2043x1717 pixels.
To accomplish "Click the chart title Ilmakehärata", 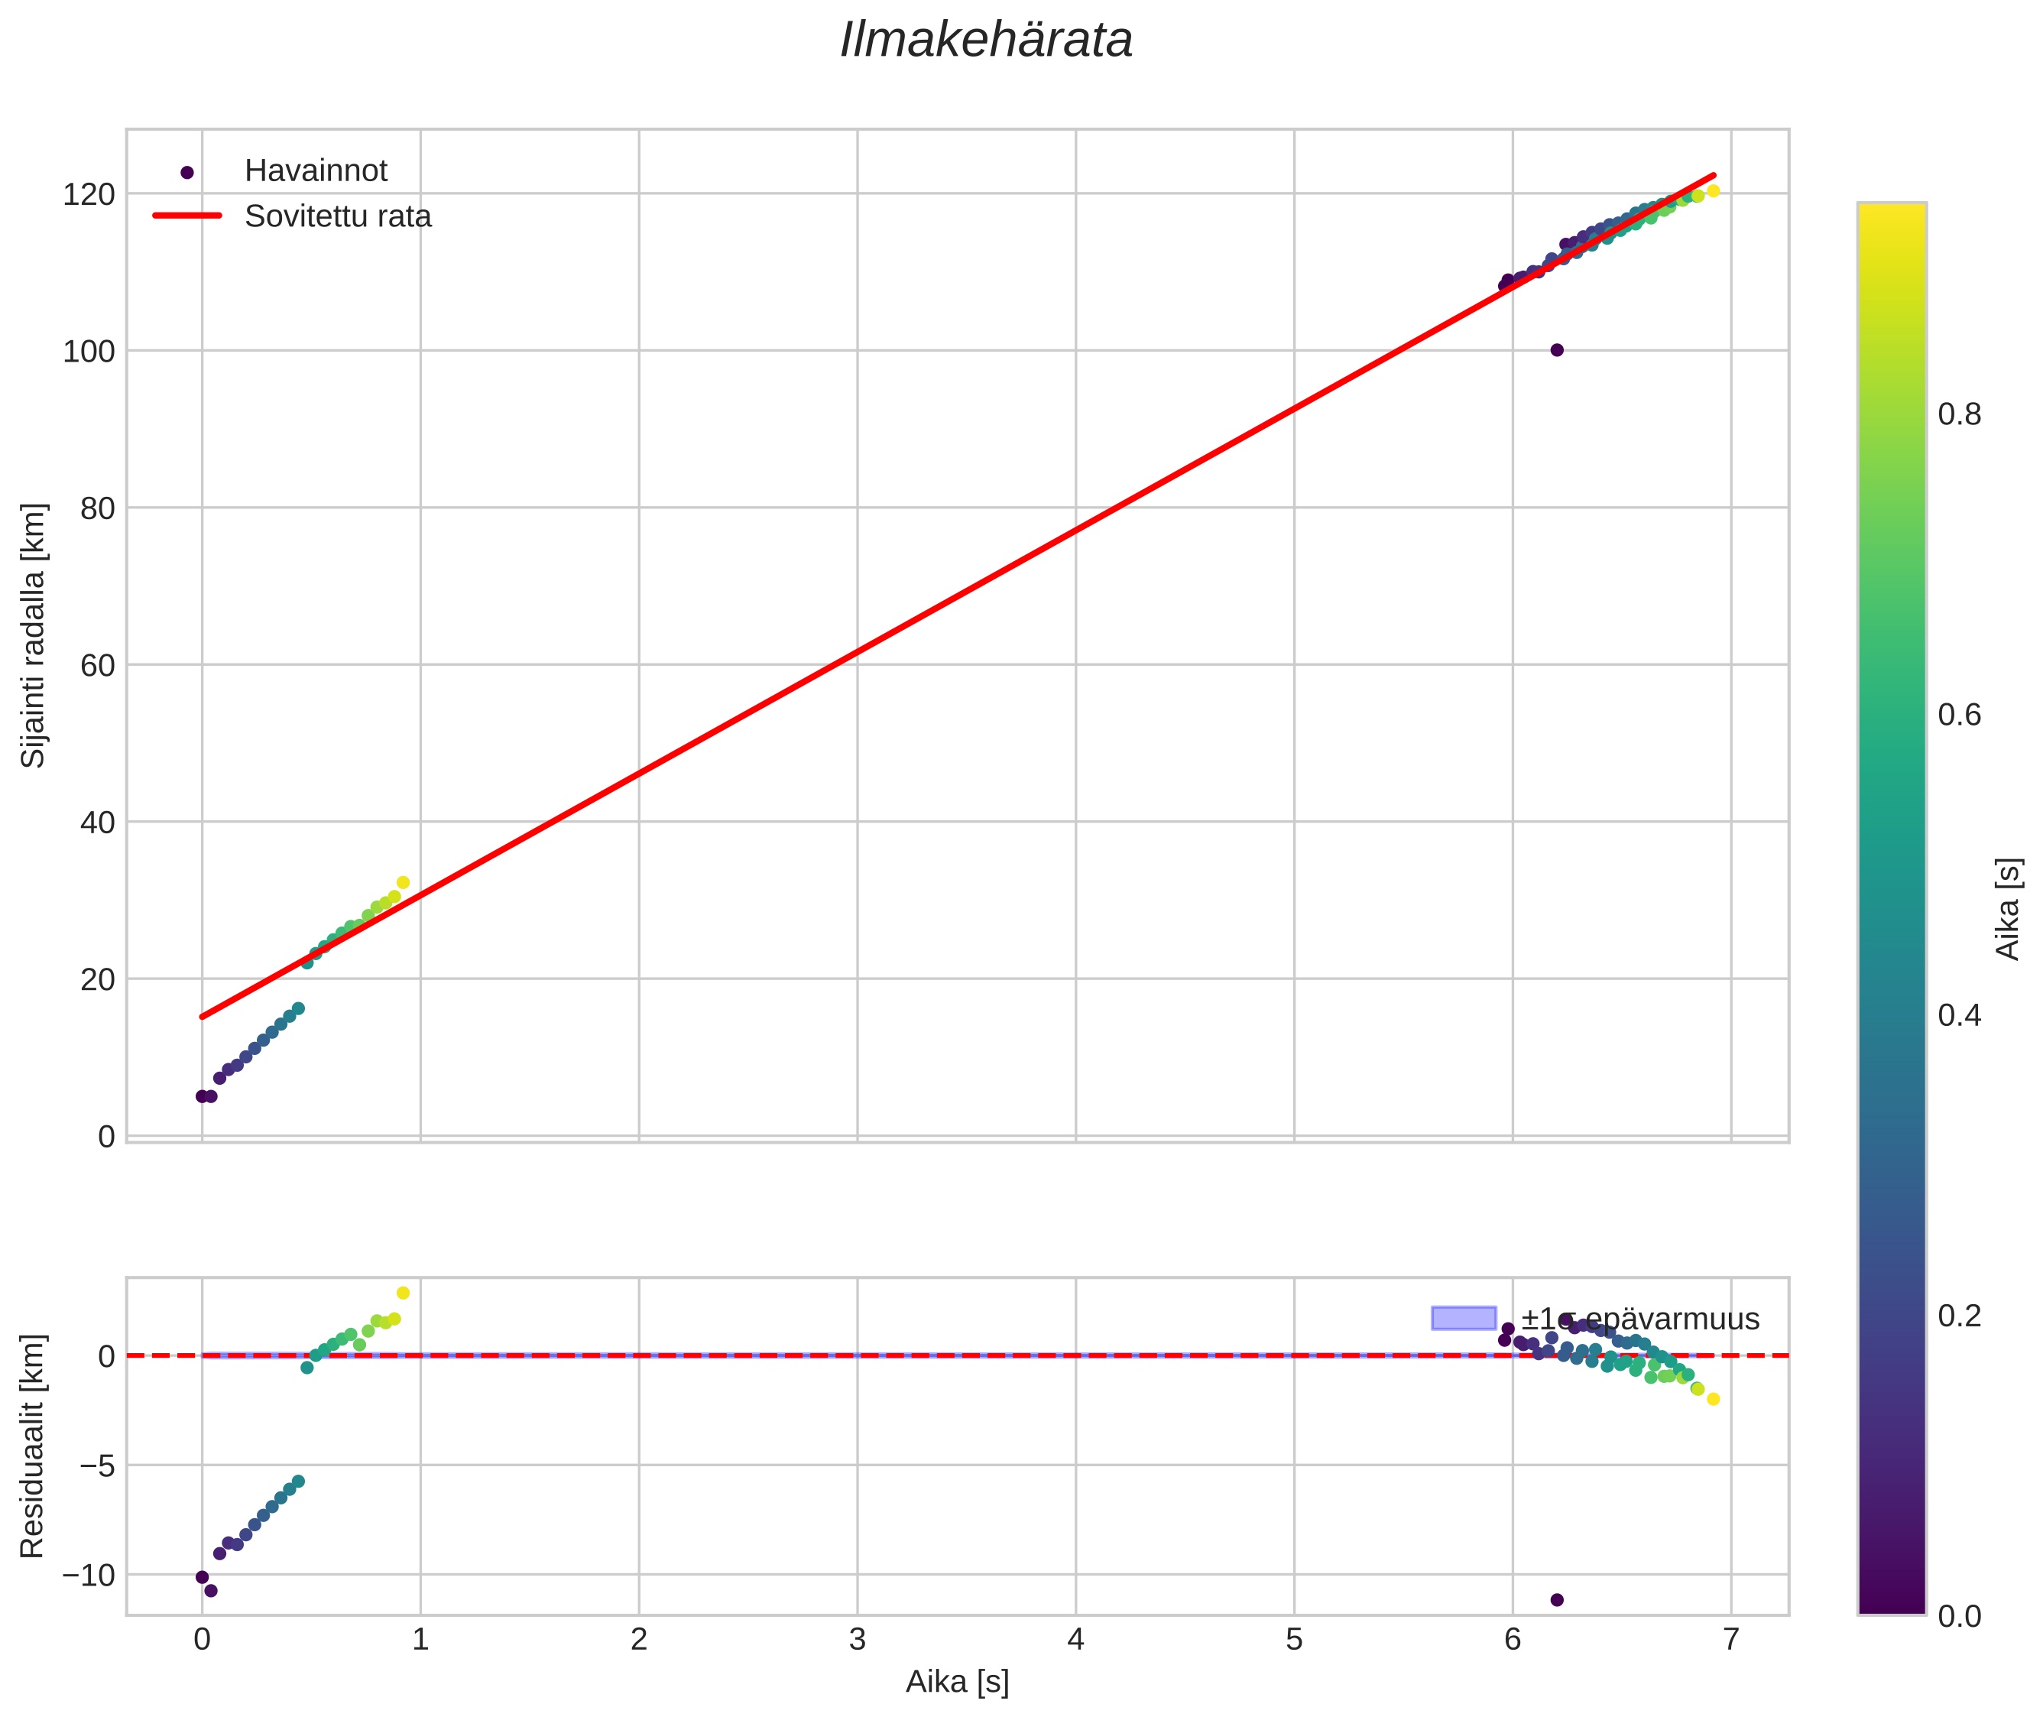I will tap(986, 41).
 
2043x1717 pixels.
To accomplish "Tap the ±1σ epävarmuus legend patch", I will tap(1463, 1318).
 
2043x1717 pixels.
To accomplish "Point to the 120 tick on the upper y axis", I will tap(89, 193).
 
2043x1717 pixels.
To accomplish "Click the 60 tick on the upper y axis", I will tap(96, 665).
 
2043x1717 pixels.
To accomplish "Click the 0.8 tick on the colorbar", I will tap(1958, 414).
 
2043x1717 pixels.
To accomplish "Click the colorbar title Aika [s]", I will tap(2007, 908).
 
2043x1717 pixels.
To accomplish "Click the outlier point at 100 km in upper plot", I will tap(1556, 350).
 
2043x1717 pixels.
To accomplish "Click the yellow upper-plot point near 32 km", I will tap(403, 882).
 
